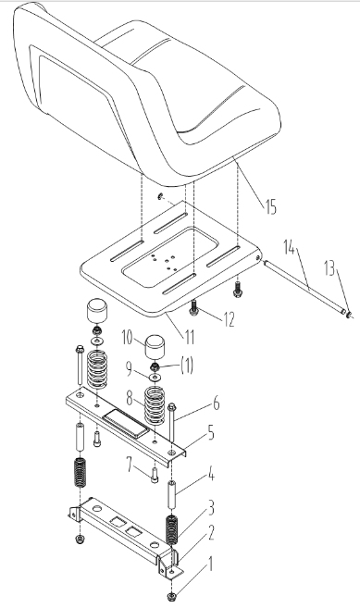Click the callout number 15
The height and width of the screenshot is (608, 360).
(x=271, y=206)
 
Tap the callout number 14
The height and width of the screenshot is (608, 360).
(x=289, y=247)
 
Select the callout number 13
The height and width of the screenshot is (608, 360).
(x=329, y=268)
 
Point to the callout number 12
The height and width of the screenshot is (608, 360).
(x=229, y=319)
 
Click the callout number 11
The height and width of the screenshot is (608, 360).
(x=189, y=338)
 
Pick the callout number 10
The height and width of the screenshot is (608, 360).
(x=128, y=338)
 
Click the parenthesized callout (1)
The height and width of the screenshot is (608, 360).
(x=187, y=366)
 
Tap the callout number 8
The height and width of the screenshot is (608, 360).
(x=130, y=397)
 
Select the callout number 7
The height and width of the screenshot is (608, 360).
(x=130, y=465)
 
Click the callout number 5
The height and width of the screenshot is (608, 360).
(x=211, y=433)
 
